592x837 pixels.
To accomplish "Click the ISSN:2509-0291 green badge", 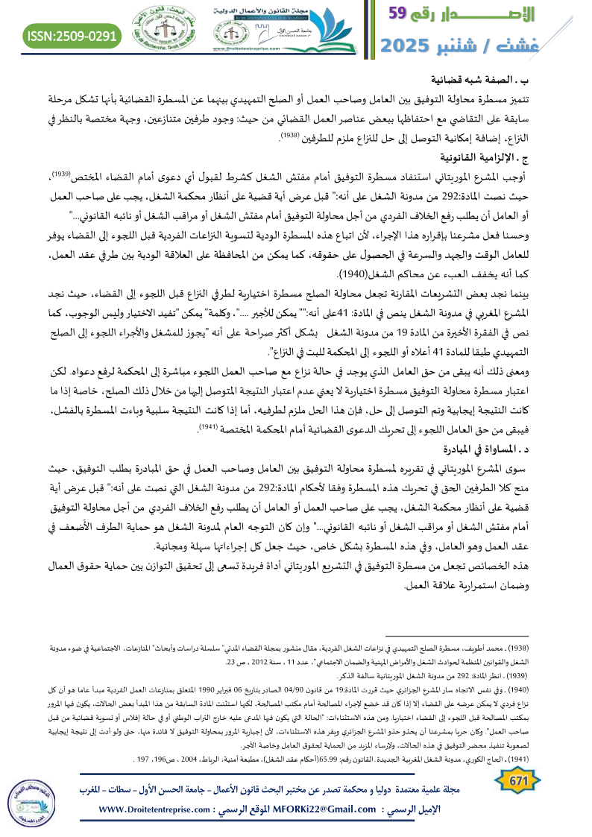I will point(72,35).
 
